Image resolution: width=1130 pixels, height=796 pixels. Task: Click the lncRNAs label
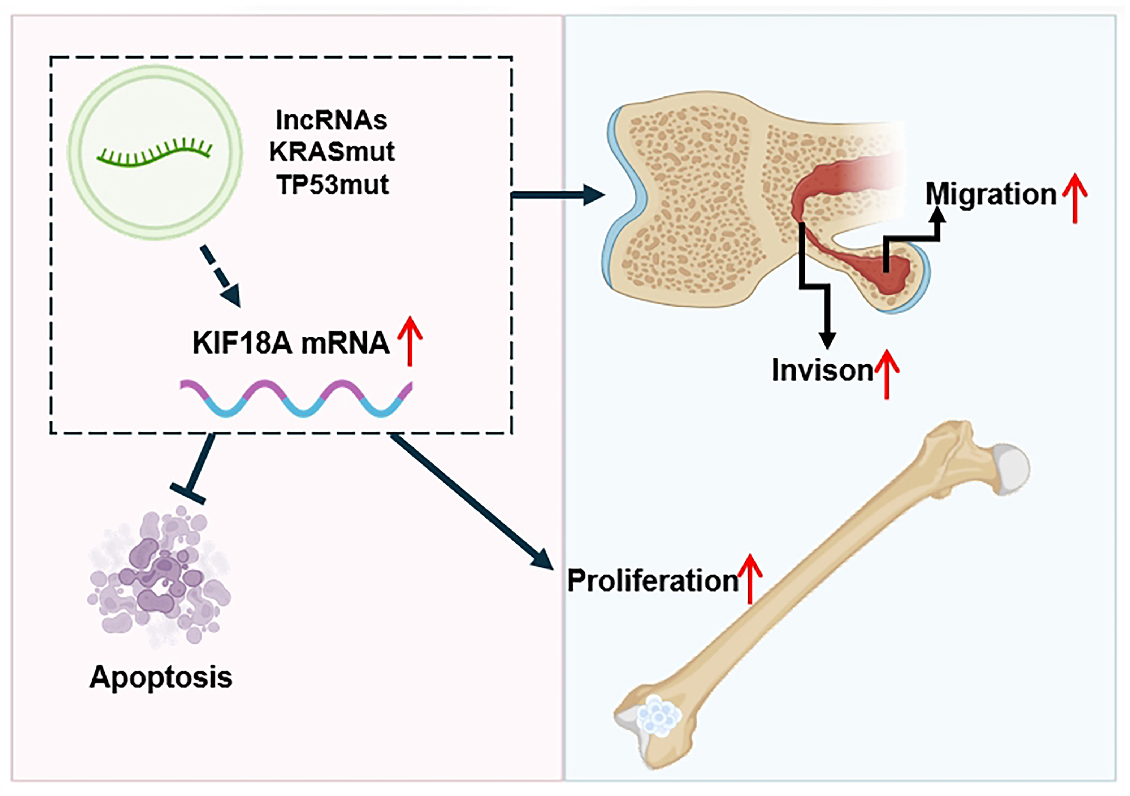[x=331, y=120]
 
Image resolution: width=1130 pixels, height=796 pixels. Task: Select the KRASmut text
[x=332, y=152]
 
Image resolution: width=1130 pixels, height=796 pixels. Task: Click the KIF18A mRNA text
[x=290, y=343]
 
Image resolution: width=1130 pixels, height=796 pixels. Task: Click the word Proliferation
[x=653, y=581]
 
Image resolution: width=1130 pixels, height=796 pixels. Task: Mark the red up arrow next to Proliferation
[x=750, y=579]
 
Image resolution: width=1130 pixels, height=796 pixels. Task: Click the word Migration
[x=991, y=194]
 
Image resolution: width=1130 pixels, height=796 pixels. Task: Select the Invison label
[x=822, y=370]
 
